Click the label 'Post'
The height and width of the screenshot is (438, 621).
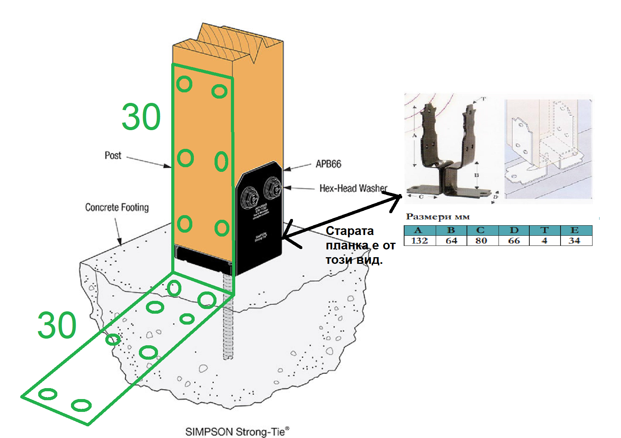[113, 155]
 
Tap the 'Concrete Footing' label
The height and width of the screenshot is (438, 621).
[117, 207]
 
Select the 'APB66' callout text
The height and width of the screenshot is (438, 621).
[328, 164]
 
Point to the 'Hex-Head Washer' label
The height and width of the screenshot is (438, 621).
[353, 189]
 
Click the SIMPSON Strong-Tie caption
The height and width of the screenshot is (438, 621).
[237, 432]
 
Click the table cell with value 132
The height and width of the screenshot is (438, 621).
[419, 241]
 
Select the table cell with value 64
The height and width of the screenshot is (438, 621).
[451, 241]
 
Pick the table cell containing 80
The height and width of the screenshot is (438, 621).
[481, 241]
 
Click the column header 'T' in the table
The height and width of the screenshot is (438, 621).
[545, 230]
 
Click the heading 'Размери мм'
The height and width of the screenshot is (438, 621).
[438, 217]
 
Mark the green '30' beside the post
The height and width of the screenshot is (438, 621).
[141, 117]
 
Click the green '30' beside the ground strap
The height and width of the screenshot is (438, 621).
[57, 325]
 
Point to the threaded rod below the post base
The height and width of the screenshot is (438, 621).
[228, 323]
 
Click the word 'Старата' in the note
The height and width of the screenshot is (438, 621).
[350, 231]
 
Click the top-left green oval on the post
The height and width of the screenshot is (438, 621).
[184, 84]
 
